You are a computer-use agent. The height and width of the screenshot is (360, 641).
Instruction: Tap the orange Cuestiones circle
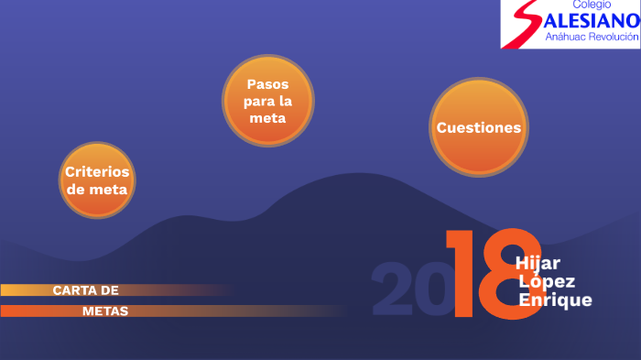pos(479,127)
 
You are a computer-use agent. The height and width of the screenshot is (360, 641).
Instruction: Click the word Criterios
pos(97,171)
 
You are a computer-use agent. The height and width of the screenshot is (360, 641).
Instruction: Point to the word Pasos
pos(267,83)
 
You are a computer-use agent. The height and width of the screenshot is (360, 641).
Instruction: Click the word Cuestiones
pos(479,127)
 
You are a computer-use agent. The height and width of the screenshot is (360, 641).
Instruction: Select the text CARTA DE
pos(86,290)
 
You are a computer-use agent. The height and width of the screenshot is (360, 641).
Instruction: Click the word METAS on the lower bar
pos(105,311)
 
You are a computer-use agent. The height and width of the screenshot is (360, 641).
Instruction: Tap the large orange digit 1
pos(460,275)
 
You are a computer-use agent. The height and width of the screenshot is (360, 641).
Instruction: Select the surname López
pos(541,281)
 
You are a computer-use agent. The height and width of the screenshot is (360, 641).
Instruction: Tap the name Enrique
pos(555,300)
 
